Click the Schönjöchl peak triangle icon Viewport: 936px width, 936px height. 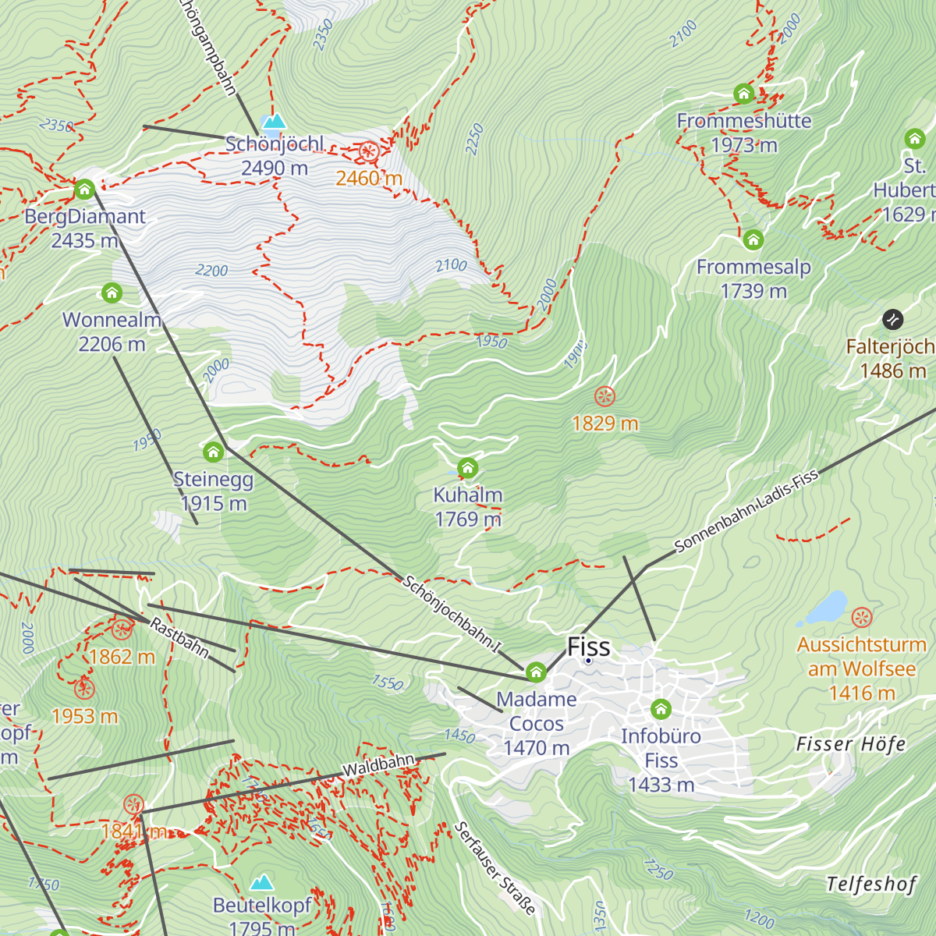273,122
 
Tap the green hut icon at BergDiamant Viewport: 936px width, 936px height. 84,189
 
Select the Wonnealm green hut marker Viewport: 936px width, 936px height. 112,293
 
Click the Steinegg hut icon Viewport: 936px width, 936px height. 213,452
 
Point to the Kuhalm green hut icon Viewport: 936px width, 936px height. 467,468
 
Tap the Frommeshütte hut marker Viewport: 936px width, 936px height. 743,94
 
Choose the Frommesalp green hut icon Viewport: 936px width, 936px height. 753,239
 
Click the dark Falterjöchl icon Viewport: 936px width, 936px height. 892,319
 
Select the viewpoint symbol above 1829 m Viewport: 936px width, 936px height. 604,396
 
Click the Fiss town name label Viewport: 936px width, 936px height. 589,647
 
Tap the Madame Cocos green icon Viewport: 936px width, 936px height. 536,672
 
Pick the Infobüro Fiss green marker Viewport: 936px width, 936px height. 661,709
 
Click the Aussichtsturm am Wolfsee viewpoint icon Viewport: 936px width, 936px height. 861,618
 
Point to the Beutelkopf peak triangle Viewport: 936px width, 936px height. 261,882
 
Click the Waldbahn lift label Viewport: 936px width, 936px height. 378,765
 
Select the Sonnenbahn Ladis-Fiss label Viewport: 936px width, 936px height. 746,511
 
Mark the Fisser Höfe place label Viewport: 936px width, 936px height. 851,744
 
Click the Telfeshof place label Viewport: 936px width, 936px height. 871,884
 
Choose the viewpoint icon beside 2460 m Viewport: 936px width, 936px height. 369,152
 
